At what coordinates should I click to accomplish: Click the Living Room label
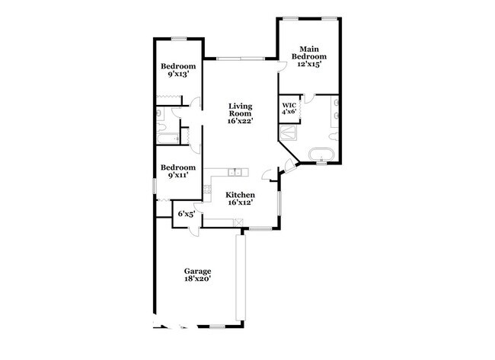click(240, 113)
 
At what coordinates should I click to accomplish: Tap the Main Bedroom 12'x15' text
click(308, 57)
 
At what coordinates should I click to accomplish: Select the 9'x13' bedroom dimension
click(178, 74)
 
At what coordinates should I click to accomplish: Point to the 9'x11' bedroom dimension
click(178, 175)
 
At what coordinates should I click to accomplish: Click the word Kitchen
click(240, 195)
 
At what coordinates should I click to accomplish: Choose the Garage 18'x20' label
click(198, 275)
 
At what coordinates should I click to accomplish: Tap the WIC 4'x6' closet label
click(289, 108)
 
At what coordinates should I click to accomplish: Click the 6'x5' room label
click(187, 214)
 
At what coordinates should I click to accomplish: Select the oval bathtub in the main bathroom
click(321, 155)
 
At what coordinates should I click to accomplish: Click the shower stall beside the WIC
click(288, 132)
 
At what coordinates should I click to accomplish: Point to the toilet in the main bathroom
click(334, 136)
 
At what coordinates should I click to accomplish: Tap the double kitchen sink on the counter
click(235, 172)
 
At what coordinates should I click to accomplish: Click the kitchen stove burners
click(207, 189)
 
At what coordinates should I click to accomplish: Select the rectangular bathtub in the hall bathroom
click(168, 139)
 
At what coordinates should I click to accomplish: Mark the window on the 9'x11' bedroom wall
click(155, 186)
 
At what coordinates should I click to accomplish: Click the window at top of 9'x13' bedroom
click(179, 39)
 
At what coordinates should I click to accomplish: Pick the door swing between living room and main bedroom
click(282, 66)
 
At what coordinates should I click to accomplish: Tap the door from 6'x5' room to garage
click(194, 231)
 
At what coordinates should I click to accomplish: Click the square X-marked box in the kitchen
click(239, 222)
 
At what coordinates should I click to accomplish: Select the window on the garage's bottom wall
click(217, 327)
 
